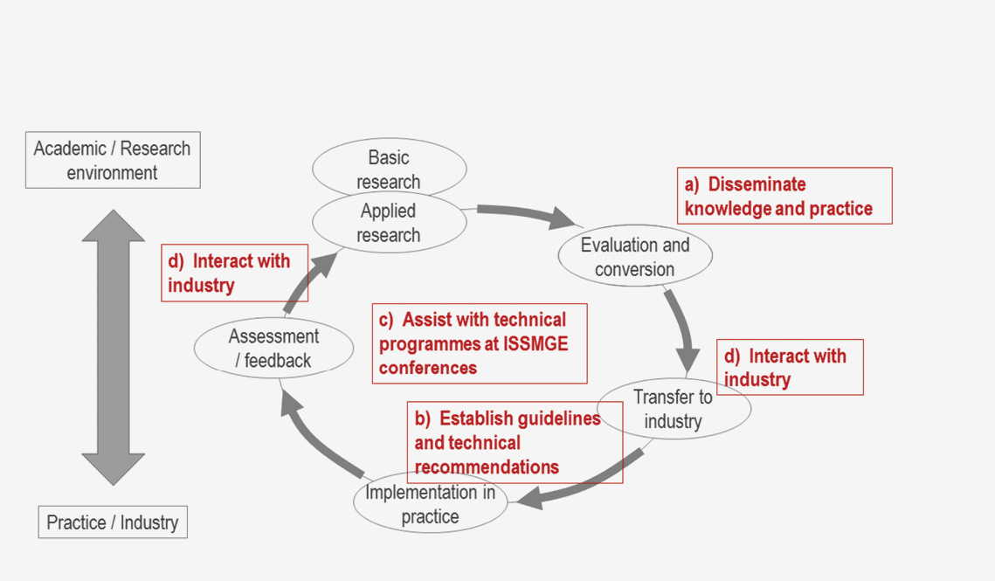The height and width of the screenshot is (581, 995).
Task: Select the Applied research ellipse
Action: pyautogui.click(x=389, y=224)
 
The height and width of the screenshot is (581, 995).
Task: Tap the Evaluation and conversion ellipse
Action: pyautogui.click(x=635, y=256)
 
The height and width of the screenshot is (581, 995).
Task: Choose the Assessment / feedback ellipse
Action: pyautogui.click(x=273, y=348)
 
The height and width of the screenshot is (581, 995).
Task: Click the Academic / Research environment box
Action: pyautogui.click(x=113, y=160)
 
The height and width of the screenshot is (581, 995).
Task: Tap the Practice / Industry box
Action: pyautogui.click(x=113, y=522)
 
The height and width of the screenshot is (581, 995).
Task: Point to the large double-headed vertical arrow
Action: pyautogui.click(x=114, y=347)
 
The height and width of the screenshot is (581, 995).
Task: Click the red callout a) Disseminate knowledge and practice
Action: pyautogui.click(x=784, y=196)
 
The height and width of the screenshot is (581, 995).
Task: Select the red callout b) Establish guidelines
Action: pyautogui.click(x=515, y=442)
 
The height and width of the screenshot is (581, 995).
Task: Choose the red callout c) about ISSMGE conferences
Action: pyautogui.click(x=480, y=343)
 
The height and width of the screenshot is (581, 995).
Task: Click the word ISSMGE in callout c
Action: pyautogui.click(x=536, y=343)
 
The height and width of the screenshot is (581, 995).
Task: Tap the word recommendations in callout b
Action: pyautogui.click(x=487, y=467)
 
